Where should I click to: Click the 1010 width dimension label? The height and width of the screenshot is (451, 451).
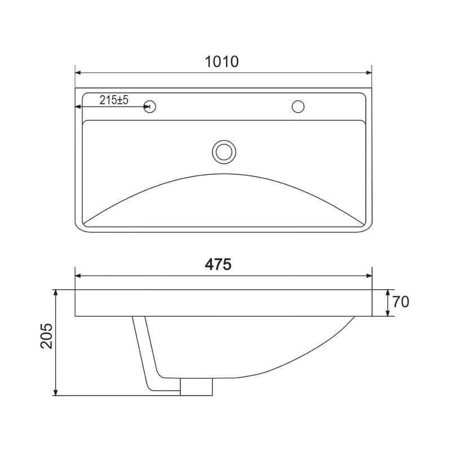tap(222, 61)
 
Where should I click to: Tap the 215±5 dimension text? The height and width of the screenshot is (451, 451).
tap(114, 100)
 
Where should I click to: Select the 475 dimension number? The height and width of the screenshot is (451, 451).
tap(218, 264)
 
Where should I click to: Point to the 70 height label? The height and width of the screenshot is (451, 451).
tap(401, 302)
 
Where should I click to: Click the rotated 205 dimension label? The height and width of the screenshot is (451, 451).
tap(47, 336)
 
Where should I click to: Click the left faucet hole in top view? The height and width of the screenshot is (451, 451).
tap(150, 107)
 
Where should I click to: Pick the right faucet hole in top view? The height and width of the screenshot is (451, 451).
tap(298, 107)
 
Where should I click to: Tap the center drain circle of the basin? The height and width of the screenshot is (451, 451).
tap(224, 152)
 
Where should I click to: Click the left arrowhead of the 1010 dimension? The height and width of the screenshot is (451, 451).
tap(78, 73)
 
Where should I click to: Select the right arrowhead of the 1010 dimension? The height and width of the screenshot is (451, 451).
tap(369, 73)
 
